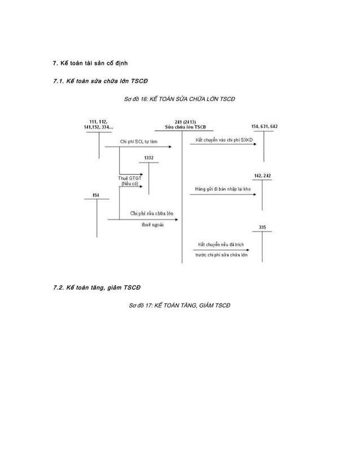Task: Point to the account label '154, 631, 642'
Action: coord(264,127)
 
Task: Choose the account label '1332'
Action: coord(148,157)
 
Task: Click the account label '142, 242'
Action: coord(262,176)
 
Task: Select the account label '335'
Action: coord(262,227)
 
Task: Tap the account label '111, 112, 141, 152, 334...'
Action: coord(99,125)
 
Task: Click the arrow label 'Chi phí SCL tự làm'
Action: coord(138,142)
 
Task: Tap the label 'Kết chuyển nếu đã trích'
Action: coord(221,244)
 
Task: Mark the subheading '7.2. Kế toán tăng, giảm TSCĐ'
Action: coord(95,288)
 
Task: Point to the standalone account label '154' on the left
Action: coord(95,195)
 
